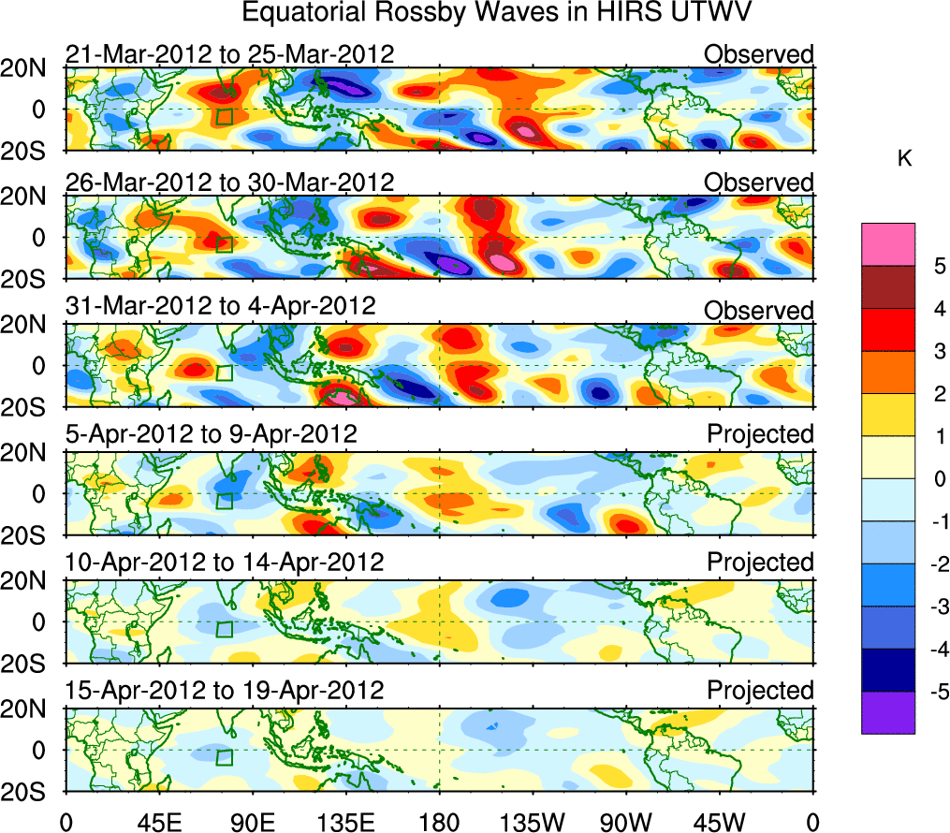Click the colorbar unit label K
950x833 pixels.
pos(904,159)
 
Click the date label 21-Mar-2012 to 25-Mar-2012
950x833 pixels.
pos(229,54)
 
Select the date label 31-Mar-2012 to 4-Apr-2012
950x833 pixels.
pos(220,306)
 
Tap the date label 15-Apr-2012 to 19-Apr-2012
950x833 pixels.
pos(225,691)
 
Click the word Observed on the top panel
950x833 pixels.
pos(758,54)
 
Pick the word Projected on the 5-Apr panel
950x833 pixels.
pos(760,434)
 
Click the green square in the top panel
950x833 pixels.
pos(224,116)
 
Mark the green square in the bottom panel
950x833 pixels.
pos(224,757)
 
